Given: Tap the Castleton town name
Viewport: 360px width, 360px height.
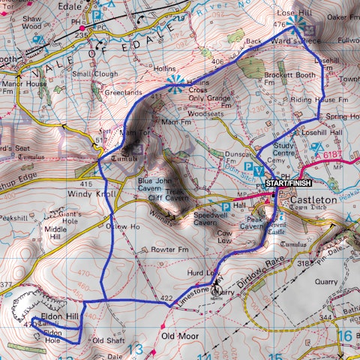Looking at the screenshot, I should (307, 201).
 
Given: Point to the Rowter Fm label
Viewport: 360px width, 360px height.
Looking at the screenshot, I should (169, 249).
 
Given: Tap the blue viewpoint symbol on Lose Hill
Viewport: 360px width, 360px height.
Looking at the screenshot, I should (294, 25).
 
